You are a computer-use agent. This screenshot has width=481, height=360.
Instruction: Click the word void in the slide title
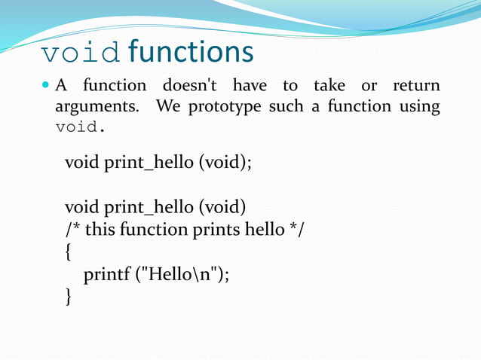81,53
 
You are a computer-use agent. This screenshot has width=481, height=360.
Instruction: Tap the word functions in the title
191,53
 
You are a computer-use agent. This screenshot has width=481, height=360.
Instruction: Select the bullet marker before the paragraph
46,86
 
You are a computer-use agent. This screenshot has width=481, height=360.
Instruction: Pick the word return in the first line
416,86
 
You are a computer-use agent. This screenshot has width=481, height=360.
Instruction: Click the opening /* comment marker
73,229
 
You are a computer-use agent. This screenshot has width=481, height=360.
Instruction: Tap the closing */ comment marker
297,229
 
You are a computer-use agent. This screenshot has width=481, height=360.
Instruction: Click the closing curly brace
69,298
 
